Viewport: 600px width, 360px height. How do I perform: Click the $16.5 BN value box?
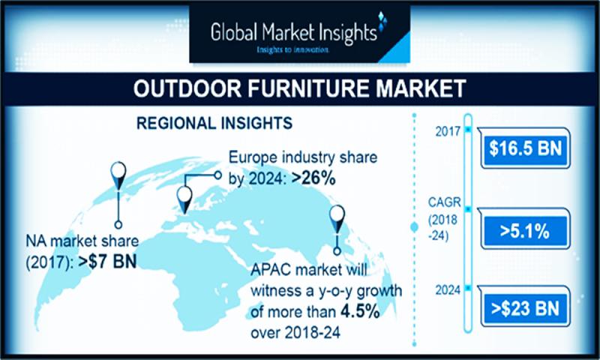pyautogui.click(x=524, y=148)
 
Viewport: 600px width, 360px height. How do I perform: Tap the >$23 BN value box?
pyautogui.click(x=524, y=308)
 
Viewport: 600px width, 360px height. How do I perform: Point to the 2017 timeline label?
pyautogui.click(x=448, y=131)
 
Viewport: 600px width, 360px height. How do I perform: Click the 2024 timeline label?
pyautogui.click(x=448, y=290)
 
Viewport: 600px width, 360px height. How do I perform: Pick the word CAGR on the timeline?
pyautogui.click(x=444, y=202)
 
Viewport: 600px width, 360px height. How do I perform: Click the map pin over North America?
pyautogui.click(x=118, y=175)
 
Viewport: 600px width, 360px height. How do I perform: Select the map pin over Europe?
pyautogui.click(x=184, y=199)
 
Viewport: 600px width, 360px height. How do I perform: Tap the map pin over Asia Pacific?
pyautogui.click(x=337, y=219)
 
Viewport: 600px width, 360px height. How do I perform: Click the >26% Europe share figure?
pyautogui.click(x=313, y=178)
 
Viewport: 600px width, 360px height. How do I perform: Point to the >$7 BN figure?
pyautogui.click(x=107, y=262)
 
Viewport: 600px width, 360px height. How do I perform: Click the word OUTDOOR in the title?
pyautogui.click(x=187, y=88)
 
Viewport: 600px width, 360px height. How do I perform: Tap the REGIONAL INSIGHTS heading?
pyautogui.click(x=214, y=123)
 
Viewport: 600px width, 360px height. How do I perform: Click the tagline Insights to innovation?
pyautogui.click(x=292, y=49)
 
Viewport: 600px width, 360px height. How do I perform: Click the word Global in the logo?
pyautogui.click(x=234, y=32)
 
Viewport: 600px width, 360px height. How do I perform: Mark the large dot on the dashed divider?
pyautogui.click(x=414, y=227)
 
